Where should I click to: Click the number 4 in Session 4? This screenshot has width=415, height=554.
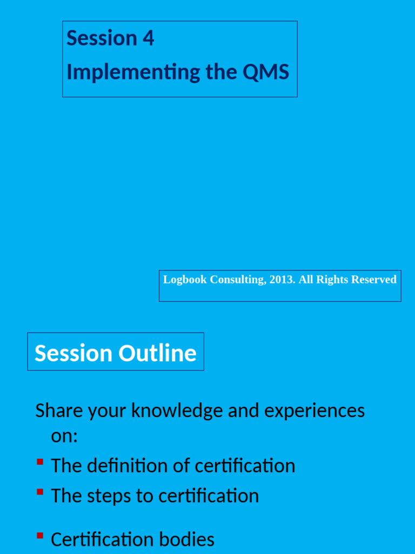[149, 38]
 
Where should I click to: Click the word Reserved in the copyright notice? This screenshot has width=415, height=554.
[374, 280]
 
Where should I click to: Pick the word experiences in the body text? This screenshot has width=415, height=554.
[314, 411]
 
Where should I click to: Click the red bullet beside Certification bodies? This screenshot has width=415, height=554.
[40, 536]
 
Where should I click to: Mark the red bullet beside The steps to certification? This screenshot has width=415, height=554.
[40, 492]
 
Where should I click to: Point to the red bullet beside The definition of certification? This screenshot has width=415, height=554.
[40, 462]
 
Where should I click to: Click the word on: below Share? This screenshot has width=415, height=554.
[64, 436]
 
